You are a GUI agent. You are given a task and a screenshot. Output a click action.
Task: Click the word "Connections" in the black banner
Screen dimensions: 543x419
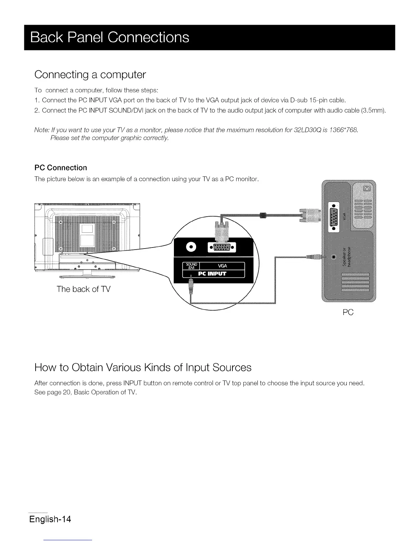tap(148, 37)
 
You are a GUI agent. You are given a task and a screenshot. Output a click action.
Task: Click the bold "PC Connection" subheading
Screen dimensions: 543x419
tap(61, 168)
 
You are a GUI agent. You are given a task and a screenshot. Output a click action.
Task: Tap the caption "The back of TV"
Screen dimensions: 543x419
tap(84, 289)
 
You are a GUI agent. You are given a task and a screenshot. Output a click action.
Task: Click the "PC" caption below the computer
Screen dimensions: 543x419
tap(348, 312)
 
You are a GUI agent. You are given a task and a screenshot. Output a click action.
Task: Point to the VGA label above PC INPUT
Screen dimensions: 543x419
tap(222, 266)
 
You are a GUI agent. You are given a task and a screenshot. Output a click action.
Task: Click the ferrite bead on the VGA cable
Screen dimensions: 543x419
tap(263, 215)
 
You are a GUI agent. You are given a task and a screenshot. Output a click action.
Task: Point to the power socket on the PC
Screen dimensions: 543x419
tap(367, 189)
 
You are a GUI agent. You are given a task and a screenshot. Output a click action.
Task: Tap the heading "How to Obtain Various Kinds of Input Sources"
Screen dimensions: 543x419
tap(143, 367)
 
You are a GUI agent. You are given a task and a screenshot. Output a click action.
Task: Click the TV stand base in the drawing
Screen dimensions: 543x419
tap(87, 275)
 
